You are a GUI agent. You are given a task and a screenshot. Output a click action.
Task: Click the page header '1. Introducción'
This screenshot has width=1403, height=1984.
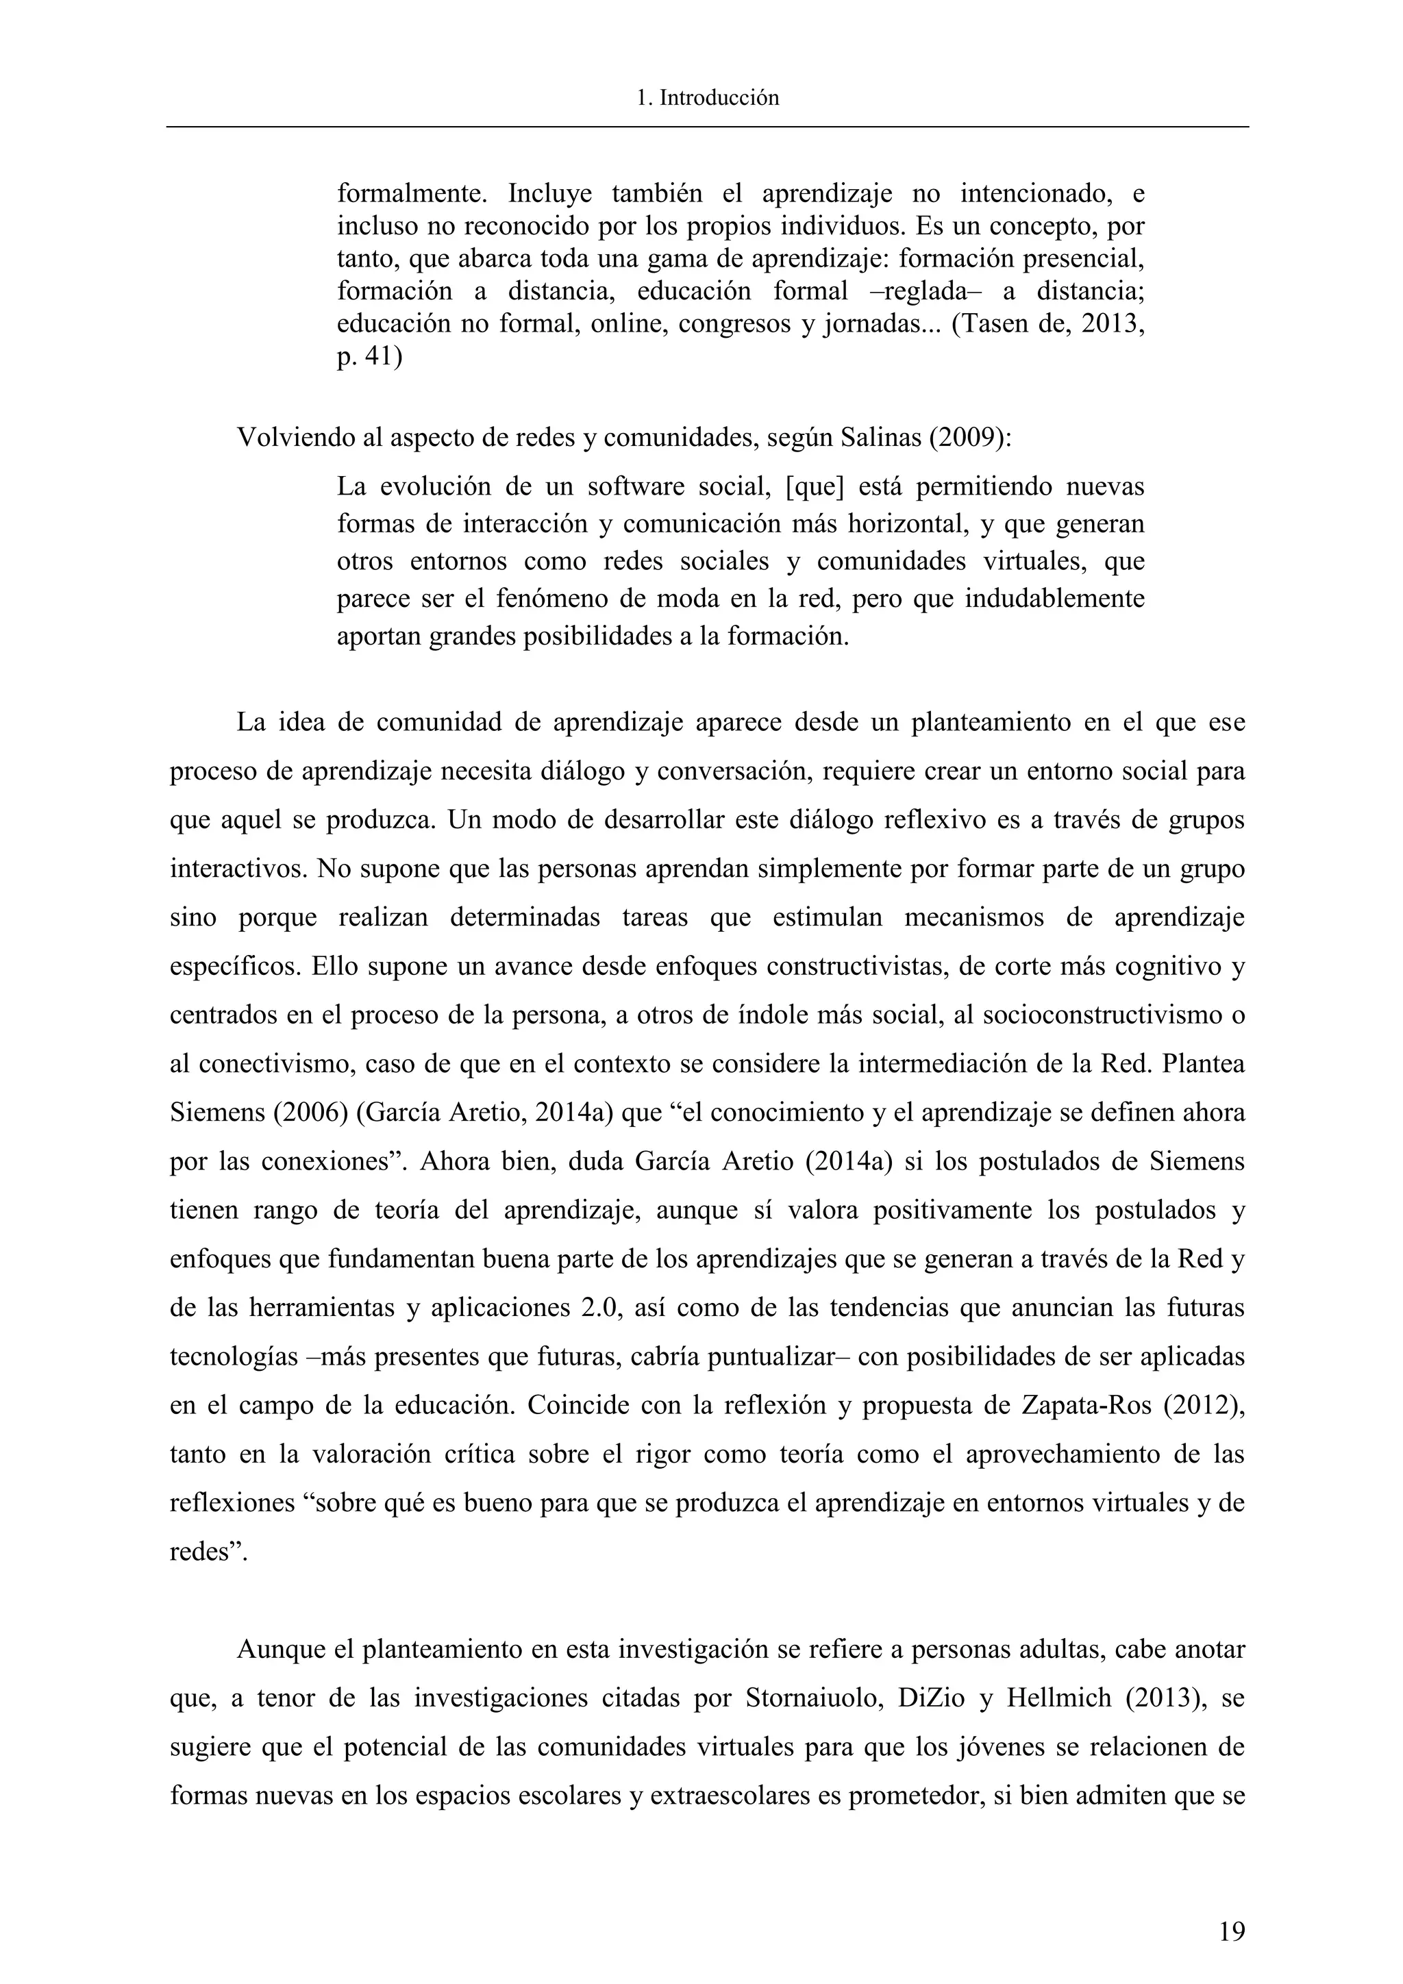click(707, 99)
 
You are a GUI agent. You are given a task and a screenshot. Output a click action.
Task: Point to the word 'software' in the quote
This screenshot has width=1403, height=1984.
click(633, 486)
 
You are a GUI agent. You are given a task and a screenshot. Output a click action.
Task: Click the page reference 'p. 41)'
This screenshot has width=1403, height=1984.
click(370, 357)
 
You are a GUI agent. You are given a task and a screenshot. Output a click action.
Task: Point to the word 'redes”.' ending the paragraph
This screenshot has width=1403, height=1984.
click(208, 1552)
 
